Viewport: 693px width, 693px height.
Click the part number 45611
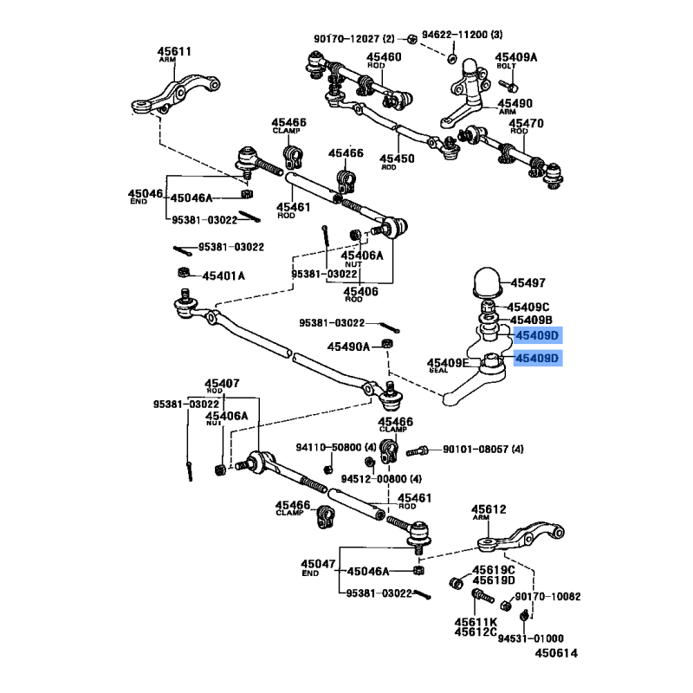coord(173,51)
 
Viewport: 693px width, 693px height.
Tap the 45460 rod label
coord(385,57)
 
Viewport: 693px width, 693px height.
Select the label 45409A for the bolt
coord(516,58)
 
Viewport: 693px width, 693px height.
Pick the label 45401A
coord(223,275)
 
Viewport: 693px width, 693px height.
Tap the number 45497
coord(528,283)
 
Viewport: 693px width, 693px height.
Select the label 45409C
coord(528,307)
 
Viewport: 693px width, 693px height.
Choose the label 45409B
coord(528,321)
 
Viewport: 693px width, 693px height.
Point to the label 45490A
coord(348,346)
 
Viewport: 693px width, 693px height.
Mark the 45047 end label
coord(318,564)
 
